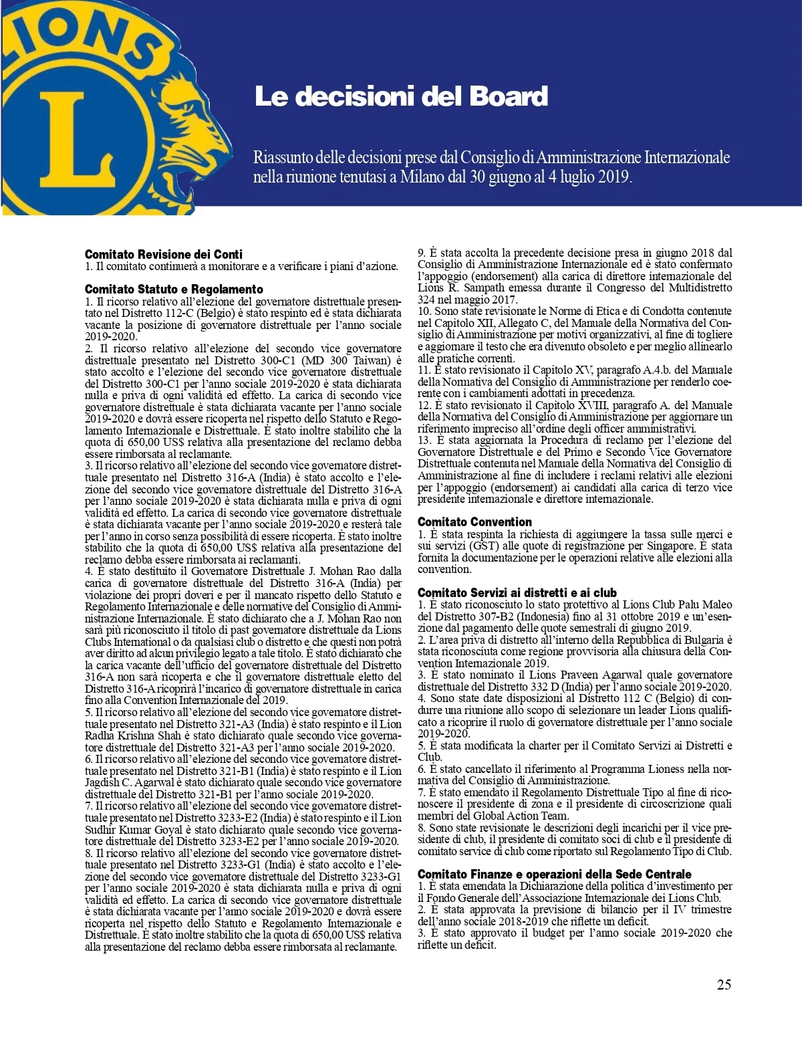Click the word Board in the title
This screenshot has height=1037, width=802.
[x=509, y=96]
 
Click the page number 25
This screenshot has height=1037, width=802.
[x=724, y=984]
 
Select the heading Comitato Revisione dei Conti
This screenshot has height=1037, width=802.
[x=163, y=254]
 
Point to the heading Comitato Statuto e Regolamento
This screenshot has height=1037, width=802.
[x=174, y=289]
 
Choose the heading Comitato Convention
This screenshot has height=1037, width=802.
[x=475, y=522]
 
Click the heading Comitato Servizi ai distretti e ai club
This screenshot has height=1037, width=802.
[x=517, y=592]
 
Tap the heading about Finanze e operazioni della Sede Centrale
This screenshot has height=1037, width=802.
[x=554, y=874]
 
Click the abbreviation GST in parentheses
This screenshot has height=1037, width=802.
[x=484, y=546]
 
